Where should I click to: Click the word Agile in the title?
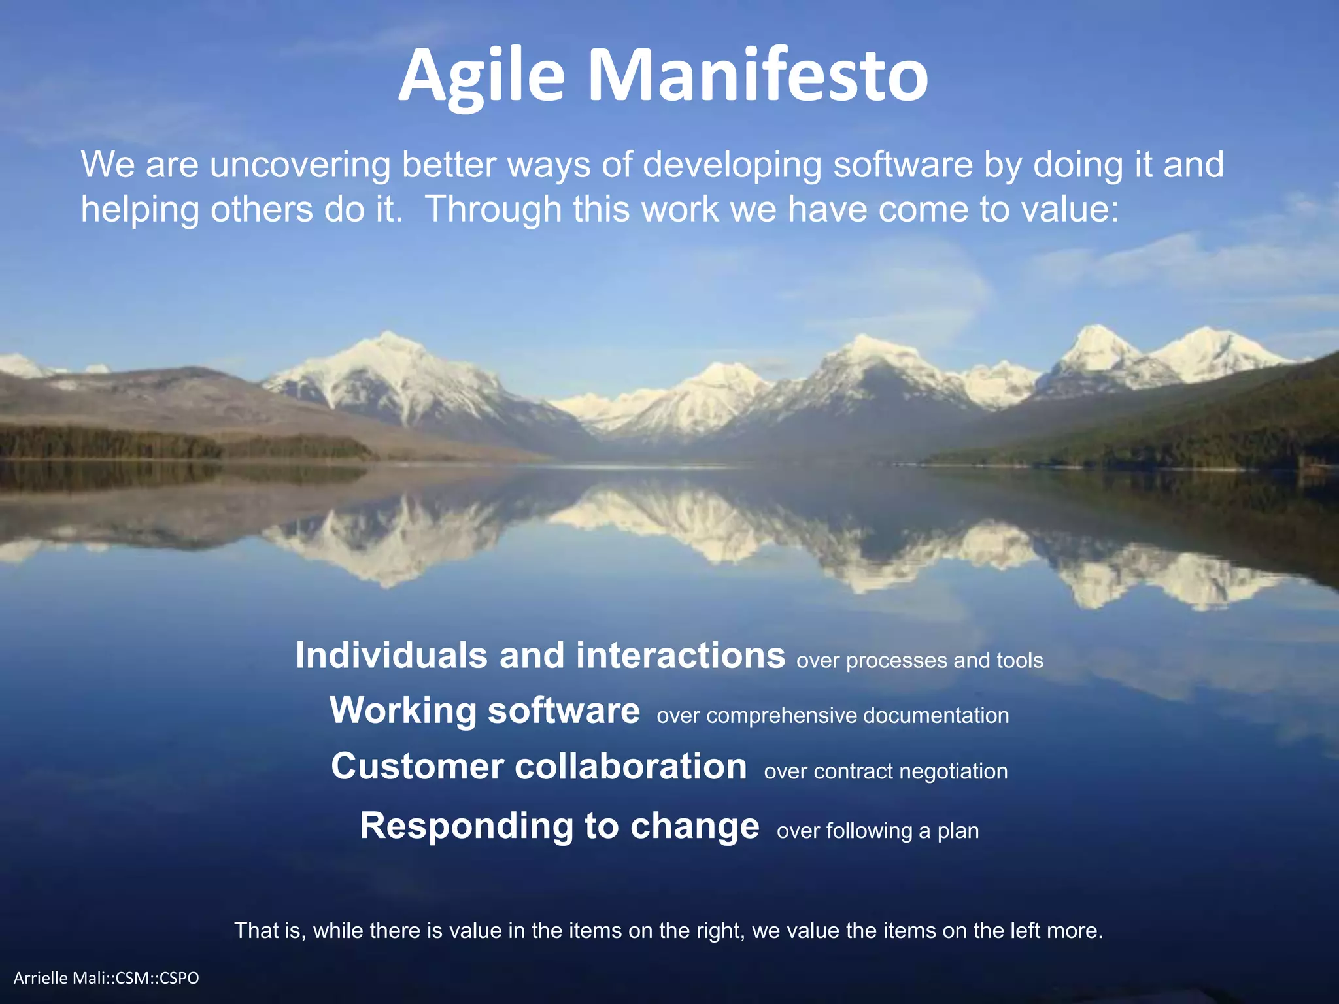[x=481, y=77]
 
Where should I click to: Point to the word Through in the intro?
[x=494, y=209]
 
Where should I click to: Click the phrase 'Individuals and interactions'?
[x=540, y=655]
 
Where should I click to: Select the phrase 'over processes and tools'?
[x=919, y=660]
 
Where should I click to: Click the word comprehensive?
[x=781, y=716]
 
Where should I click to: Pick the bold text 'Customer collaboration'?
[x=539, y=766]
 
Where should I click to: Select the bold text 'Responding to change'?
[x=560, y=826]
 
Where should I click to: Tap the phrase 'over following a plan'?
[x=877, y=831]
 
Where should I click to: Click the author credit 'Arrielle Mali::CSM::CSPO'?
[x=106, y=978]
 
